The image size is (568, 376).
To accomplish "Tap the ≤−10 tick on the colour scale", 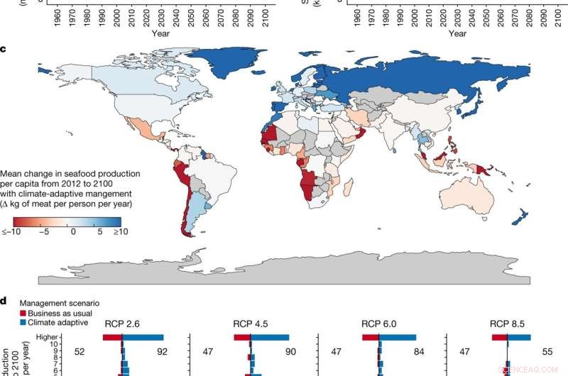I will pos(11,231).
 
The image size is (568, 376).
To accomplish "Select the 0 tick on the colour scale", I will pos(72,231).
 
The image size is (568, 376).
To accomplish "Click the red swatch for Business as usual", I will pos(23,313).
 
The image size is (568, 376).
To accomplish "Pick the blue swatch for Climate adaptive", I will pos(23,322).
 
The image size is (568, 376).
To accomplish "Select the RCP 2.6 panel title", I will pos(122,324).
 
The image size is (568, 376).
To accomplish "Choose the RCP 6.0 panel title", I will pos(378,324).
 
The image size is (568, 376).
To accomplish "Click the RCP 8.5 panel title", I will pos(507,324).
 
